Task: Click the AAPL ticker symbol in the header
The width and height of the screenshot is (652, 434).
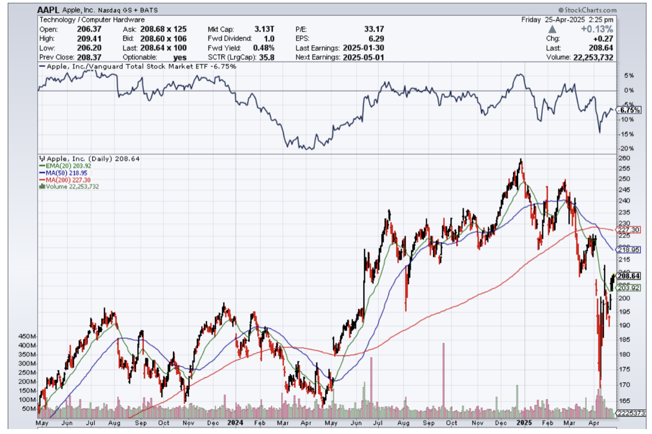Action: pyautogui.click(x=49, y=10)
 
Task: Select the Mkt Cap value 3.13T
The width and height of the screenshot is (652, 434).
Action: pyautogui.click(x=266, y=29)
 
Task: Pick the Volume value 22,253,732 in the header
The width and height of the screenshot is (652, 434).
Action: pyautogui.click(x=591, y=57)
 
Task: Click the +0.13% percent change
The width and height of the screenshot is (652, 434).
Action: pyautogui.click(x=599, y=29)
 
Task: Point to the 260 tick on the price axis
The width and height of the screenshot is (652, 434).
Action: pyautogui.click(x=623, y=158)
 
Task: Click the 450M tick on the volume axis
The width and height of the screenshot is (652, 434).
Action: pyautogui.click(x=27, y=336)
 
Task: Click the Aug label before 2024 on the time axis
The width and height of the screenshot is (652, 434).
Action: pyautogui.click(x=114, y=424)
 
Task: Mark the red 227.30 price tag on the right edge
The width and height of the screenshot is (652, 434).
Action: pyautogui.click(x=627, y=230)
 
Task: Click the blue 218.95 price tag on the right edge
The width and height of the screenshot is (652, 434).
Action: pyautogui.click(x=627, y=249)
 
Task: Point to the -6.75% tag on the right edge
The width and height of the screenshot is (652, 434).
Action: pyautogui.click(x=627, y=110)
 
